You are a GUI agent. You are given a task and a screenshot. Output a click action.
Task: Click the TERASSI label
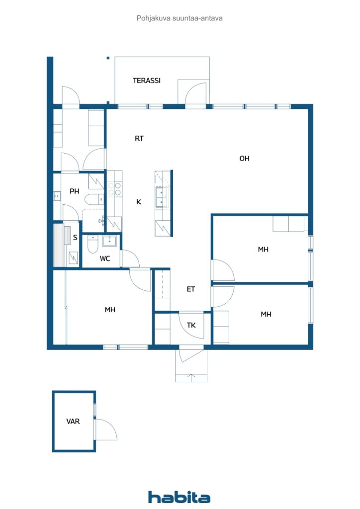pyautogui.click(x=146, y=81)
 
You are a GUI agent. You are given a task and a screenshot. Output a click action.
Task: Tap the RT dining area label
pyautogui.click(x=139, y=139)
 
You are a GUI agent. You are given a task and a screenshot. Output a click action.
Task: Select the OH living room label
pyautogui.click(x=244, y=159)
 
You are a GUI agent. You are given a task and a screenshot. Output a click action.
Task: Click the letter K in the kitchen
pyautogui.click(x=139, y=202)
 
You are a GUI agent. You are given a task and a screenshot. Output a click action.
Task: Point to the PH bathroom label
pyautogui.click(x=74, y=191)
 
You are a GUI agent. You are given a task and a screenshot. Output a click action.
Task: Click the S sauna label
pyautogui.click(x=75, y=238)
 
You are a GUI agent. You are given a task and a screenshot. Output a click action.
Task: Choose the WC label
pyautogui.click(x=105, y=258)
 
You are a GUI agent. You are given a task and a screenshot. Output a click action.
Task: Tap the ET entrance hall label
pyautogui.click(x=191, y=289)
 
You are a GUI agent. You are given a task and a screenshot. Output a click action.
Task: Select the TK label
pyautogui.click(x=191, y=326)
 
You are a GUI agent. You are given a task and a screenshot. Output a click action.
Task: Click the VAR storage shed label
pyautogui.click(x=73, y=421)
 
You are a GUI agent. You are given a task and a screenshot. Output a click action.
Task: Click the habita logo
pyautogui.click(x=180, y=497)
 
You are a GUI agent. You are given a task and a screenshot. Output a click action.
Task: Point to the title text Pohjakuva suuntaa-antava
pyautogui.click(x=180, y=18)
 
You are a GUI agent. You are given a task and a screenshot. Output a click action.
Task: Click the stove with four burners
pyautogui.click(x=115, y=188)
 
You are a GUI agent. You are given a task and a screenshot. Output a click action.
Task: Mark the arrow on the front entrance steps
pyautogui.click(x=191, y=377)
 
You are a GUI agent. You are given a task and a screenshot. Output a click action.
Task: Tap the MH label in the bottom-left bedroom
pyautogui.click(x=110, y=310)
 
